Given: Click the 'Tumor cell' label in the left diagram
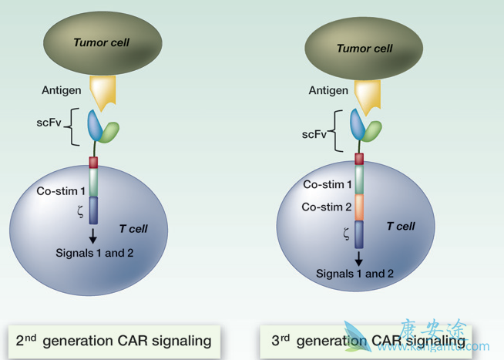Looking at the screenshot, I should coord(101,42).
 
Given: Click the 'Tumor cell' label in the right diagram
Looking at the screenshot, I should coord(365,48).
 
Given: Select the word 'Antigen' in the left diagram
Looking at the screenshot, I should coord(61,91).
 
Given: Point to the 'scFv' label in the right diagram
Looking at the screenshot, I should coord(314,133).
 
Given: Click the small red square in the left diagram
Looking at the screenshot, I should coord(93,162).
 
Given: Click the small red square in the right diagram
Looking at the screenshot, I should coord(359,159).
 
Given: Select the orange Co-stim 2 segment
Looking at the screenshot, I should coord(359,207).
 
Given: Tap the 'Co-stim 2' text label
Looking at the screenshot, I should coord(328,207).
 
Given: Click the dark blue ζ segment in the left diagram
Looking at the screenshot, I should coord(93,210).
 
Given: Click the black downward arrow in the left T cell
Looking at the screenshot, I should coord(93,235).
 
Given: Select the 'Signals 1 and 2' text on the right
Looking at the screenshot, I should coord(354,273).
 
